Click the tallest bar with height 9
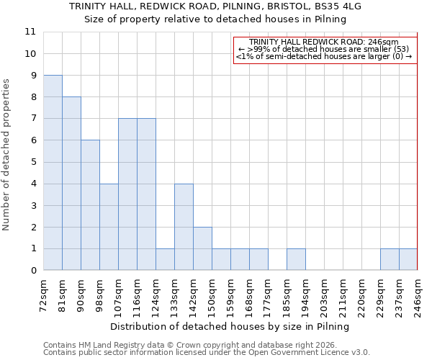point(53,173)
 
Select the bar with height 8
point(71,184)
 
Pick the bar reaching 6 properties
point(90,205)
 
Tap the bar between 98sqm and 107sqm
point(109,227)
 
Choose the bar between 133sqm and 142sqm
point(184,227)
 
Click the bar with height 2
point(202,248)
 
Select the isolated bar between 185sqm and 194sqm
point(296,260)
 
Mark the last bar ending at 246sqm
point(408,260)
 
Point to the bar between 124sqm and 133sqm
point(165,260)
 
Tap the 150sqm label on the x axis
point(212,294)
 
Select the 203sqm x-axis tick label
point(324,294)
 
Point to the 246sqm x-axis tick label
point(418,294)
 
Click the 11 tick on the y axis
point(30,32)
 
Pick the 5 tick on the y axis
point(33,162)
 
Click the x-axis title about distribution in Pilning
point(230,326)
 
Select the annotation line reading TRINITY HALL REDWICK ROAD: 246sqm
point(324,42)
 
